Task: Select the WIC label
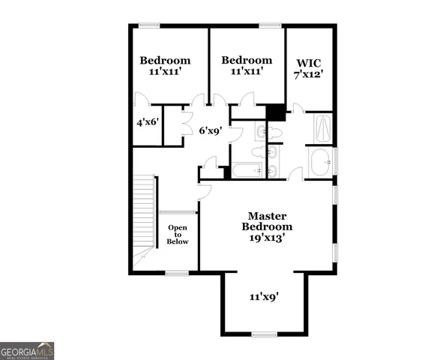tap(310, 63)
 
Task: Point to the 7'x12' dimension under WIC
tap(310, 75)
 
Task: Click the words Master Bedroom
tap(267, 220)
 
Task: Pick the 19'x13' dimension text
tap(267, 237)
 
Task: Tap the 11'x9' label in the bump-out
tap(264, 296)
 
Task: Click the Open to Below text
tap(178, 234)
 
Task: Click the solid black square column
tap(276, 112)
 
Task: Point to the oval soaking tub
tap(320, 160)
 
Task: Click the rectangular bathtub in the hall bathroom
tap(247, 171)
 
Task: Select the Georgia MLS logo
tap(27, 350)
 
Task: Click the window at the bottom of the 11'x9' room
tap(264, 334)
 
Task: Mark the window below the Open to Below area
tap(177, 274)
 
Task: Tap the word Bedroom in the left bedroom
tap(165, 61)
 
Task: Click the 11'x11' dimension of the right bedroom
tap(247, 72)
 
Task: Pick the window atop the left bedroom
tap(149, 26)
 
